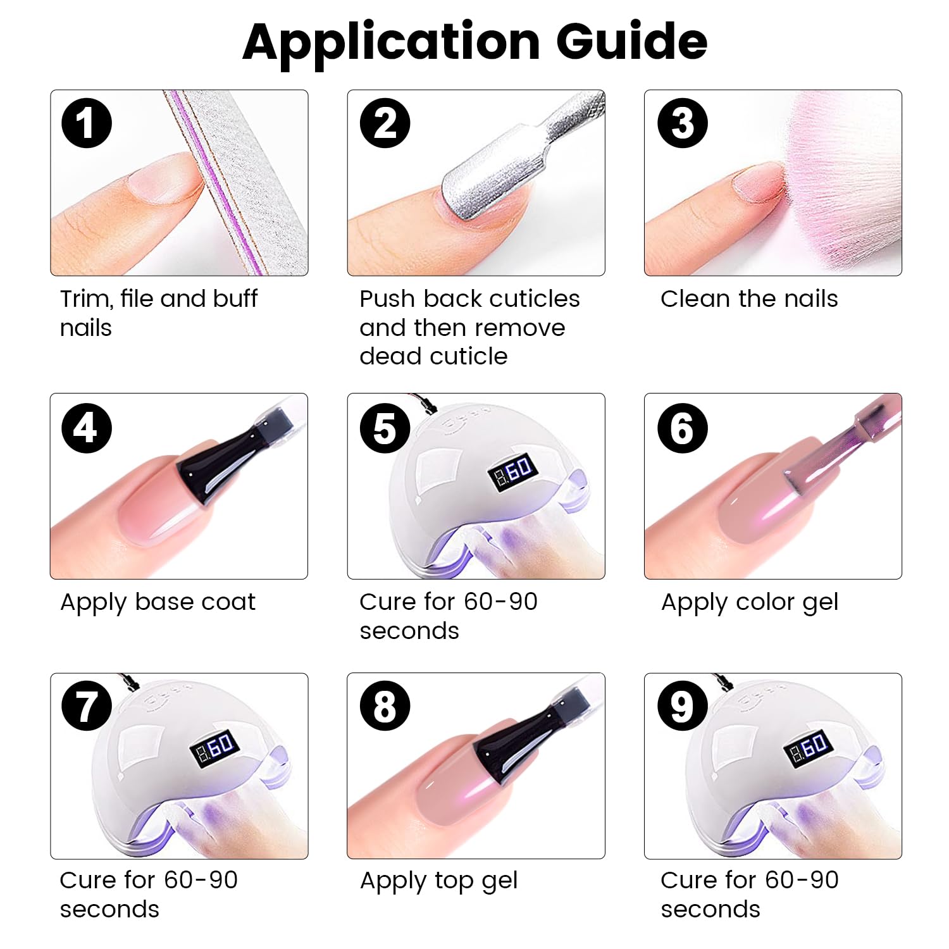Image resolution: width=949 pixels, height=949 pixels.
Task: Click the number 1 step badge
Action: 87,123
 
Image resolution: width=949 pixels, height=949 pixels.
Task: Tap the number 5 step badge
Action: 385,428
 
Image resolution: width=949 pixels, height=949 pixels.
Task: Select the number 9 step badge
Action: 682,705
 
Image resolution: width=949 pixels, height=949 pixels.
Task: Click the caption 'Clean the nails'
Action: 749,299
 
